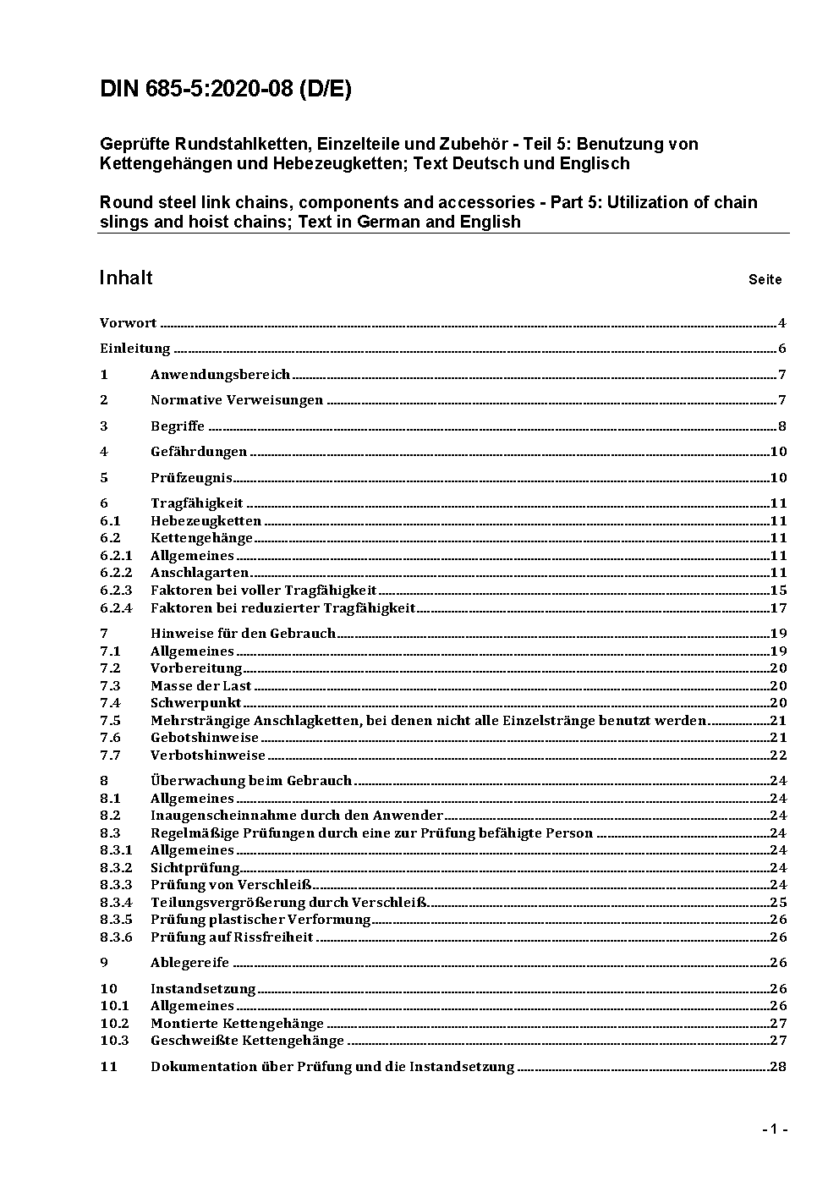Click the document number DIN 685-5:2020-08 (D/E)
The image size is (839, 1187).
coord(225,90)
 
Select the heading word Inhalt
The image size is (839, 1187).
coord(126,278)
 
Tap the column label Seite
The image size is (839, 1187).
coord(765,279)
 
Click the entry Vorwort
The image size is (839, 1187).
coord(128,323)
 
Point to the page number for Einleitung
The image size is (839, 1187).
coord(782,349)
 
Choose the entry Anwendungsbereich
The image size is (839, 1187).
coord(220,374)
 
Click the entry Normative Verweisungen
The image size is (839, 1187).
coord(237,400)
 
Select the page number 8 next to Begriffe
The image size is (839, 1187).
coord(782,426)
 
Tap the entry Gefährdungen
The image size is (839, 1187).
coord(199,452)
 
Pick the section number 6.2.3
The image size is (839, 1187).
coord(116,591)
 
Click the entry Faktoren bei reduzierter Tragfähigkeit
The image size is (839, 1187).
coord(282,608)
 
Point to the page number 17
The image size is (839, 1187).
coord(778,608)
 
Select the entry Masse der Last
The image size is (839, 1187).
coord(200,686)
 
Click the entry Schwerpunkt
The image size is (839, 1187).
coord(195,703)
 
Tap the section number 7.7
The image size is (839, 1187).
coord(110,756)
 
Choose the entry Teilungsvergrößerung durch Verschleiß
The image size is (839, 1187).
coord(288,903)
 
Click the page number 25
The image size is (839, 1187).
coord(778,903)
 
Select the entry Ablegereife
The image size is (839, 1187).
coord(189,963)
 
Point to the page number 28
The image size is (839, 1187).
coord(778,1067)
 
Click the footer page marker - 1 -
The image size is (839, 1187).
coord(774,1129)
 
